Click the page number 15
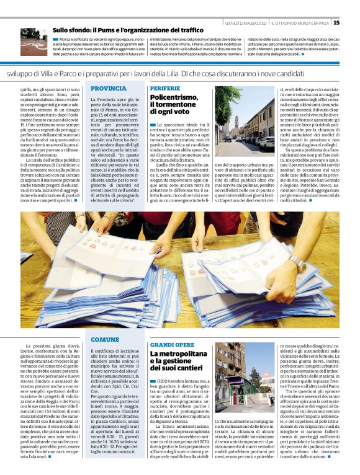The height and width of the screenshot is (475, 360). (x=353, y=22)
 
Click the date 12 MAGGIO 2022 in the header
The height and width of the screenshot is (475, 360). (x=246, y=23)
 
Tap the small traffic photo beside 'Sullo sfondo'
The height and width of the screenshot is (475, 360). (x=34, y=42)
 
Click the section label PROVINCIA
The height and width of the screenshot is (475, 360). (x=109, y=89)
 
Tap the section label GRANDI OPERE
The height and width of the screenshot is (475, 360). (x=172, y=344)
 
